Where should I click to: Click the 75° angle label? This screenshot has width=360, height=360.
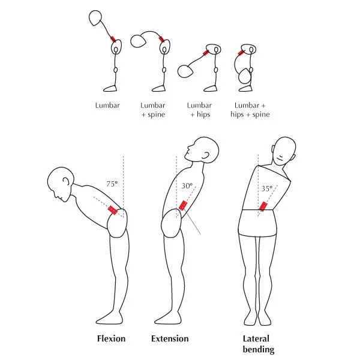(x=112, y=184)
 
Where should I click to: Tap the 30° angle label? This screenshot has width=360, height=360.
(x=187, y=185)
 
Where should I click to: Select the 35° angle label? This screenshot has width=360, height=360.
(x=267, y=188)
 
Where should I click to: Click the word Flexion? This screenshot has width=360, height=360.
(x=111, y=338)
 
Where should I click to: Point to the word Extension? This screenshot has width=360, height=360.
(x=170, y=338)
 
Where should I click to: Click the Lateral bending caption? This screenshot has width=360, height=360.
(x=258, y=344)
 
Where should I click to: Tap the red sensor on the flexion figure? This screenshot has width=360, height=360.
(x=113, y=210)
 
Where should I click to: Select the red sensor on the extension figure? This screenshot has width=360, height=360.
(x=183, y=205)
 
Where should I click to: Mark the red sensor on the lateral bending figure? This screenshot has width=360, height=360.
(x=263, y=206)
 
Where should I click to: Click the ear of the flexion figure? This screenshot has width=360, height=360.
(x=66, y=181)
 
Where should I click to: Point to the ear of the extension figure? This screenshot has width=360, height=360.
(x=206, y=155)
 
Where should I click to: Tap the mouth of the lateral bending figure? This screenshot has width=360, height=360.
(x=280, y=158)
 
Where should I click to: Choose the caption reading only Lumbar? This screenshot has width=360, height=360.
(x=107, y=106)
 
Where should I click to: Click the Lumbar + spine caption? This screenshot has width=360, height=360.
(x=153, y=110)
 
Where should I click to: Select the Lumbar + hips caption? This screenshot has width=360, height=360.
(x=199, y=110)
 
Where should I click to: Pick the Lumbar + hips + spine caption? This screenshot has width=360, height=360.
(x=250, y=110)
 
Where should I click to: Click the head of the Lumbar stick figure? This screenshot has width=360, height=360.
(x=95, y=18)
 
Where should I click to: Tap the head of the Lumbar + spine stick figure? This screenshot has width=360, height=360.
(x=138, y=41)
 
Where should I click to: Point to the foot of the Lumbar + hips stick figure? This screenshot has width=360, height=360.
(x=211, y=89)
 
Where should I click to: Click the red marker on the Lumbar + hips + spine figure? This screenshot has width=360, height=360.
(x=241, y=53)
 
